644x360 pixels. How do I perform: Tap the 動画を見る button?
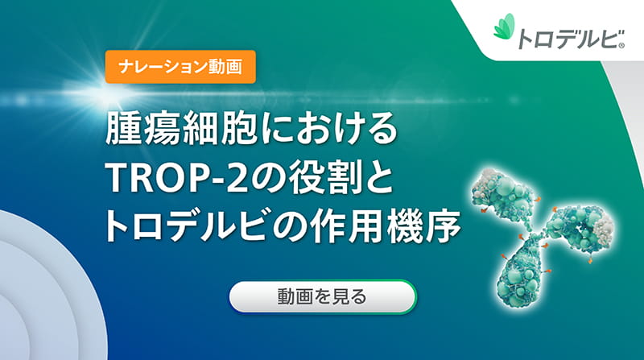[322, 296]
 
